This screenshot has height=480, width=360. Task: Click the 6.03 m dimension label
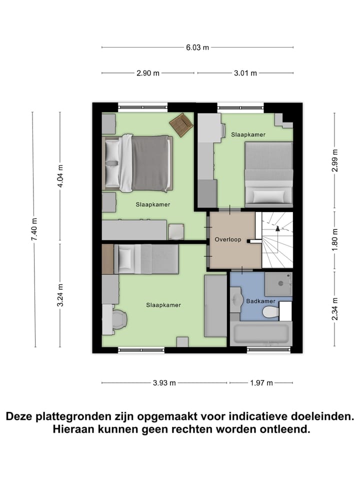(197, 47)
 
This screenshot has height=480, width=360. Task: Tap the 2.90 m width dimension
(148, 73)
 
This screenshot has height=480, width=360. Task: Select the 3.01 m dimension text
(245, 73)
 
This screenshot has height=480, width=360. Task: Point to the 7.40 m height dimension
(34, 229)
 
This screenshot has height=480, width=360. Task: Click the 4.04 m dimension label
(60, 175)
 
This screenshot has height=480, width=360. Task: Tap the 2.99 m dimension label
(334, 161)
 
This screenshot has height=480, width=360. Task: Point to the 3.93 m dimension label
(164, 383)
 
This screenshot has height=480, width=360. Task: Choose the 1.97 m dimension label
(261, 383)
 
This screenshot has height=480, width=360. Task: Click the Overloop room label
(227, 239)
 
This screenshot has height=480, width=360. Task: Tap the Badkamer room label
(260, 301)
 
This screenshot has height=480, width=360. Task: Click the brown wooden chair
(181, 124)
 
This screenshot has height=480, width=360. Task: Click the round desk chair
(118, 319)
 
